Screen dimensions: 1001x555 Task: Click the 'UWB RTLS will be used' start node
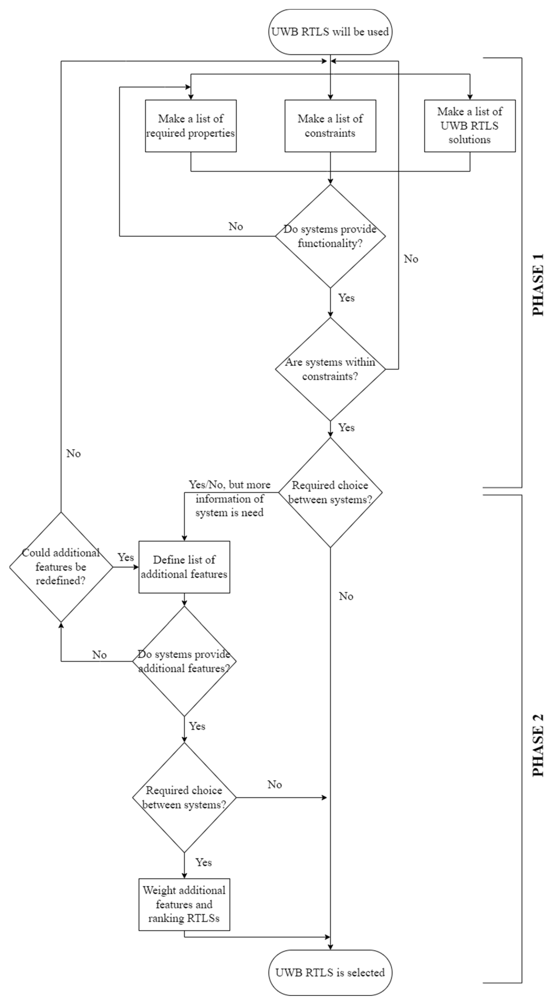pyautogui.click(x=330, y=32)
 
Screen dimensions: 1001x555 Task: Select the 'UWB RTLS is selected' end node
pyautogui.click(x=330, y=972)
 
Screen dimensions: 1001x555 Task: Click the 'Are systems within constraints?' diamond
pyautogui.click(x=330, y=369)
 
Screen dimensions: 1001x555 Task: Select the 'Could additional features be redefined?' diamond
pyautogui.click(x=61, y=567)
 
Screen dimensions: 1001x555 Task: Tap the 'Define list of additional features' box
pyautogui.click(x=184, y=567)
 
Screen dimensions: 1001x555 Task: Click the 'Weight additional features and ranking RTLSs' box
pyautogui.click(x=184, y=904)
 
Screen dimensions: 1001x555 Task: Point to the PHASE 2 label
pyautogui.click(x=538, y=745)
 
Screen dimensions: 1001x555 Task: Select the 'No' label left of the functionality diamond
pyautogui.click(x=236, y=226)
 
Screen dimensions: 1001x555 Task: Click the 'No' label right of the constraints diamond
pyautogui.click(x=411, y=259)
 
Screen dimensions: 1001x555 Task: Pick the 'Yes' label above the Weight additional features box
pyautogui.click(x=203, y=862)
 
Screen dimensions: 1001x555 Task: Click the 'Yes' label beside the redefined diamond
pyautogui.click(x=125, y=557)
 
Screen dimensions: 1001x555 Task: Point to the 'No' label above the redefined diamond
pyautogui.click(x=74, y=454)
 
